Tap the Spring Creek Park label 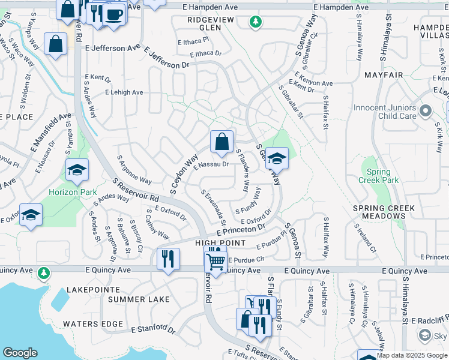[x=379, y=175]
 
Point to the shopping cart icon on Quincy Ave [x=215, y=260]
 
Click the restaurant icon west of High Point [x=167, y=259]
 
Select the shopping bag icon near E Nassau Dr [x=221, y=142]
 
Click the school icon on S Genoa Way [x=277, y=158]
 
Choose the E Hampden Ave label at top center [x=214, y=7]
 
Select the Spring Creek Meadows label [x=384, y=212]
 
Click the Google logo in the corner [x=20, y=353]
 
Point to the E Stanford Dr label [x=153, y=329]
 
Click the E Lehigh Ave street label [x=124, y=92]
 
